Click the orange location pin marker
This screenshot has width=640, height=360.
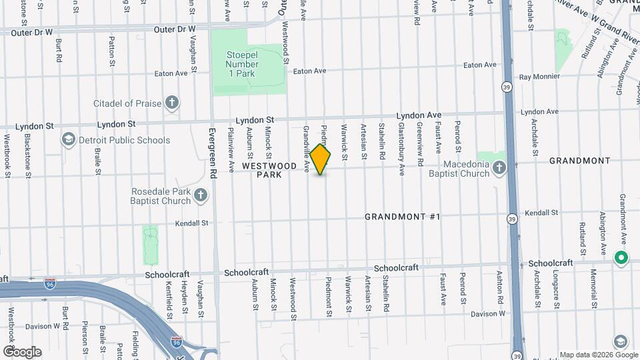[321, 159]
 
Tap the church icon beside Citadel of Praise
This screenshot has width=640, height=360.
[172, 103]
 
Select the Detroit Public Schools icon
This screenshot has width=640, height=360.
[68, 140]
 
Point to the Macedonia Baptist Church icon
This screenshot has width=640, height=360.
[499, 169]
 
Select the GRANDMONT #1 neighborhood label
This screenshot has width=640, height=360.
[403, 217]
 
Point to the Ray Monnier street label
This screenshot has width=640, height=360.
[539, 77]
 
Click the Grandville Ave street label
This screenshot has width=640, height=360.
[307, 149]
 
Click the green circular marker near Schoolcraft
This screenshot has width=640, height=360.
[621, 258]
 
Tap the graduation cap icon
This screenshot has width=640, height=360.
[621, 342]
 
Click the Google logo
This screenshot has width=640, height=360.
[22, 351]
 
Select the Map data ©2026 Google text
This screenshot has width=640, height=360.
[598, 355]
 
